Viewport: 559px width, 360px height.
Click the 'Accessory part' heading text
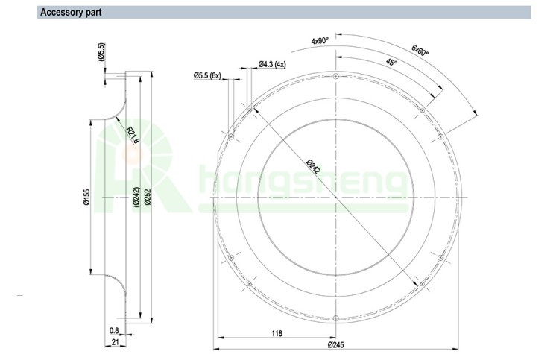71,12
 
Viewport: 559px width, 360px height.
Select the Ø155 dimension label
86,197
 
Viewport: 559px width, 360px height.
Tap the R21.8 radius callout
133,135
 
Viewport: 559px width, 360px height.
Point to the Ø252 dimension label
148,197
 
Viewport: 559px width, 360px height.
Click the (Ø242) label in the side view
136,197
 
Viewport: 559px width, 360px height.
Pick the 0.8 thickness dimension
114,331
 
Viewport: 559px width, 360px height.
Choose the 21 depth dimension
115,342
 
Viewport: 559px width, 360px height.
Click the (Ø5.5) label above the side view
101,52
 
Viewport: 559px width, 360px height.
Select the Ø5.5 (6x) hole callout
207,75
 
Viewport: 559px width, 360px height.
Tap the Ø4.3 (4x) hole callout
272,64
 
